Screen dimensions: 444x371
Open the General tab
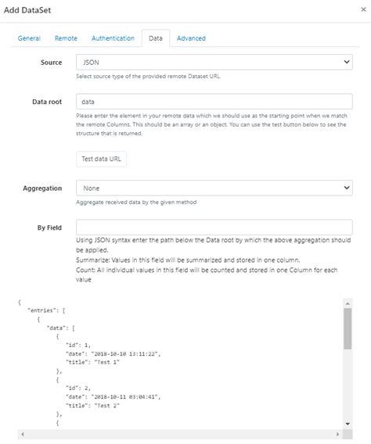pyautogui.click(x=29, y=38)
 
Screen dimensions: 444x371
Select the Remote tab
pyautogui.click(x=66, y=38)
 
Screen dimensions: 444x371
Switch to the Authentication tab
pyautogui.click(x=113, y=38)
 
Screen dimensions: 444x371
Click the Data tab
pyautogui.click(x=155, y=38)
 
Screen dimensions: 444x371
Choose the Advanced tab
pyautogui.click(x=191, y=38)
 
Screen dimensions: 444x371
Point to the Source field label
pyautogui.click(x=51, y=62)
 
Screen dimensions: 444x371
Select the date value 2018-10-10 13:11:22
pyautogui.click(x=125, y=354)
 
